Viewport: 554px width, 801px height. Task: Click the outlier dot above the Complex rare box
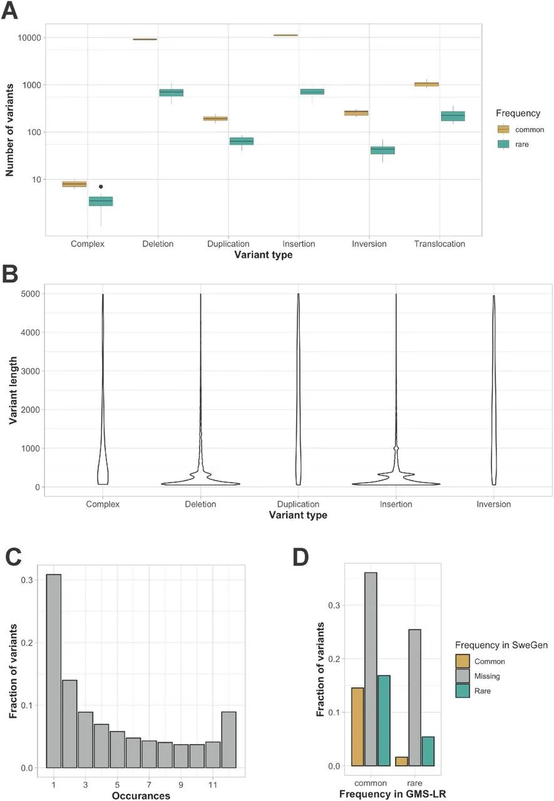point(101,186)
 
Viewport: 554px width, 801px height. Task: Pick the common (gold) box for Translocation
point(427,84)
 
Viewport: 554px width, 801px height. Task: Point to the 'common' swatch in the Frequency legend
point(503,130)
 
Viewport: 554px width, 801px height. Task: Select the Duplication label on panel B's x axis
point(298,504)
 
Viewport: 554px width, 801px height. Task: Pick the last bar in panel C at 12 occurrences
point(228,725)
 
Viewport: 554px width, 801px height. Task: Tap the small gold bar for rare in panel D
point(401,762)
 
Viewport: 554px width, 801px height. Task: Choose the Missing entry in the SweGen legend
point(463,676)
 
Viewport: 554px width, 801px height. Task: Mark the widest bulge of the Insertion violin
point(396,484)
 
